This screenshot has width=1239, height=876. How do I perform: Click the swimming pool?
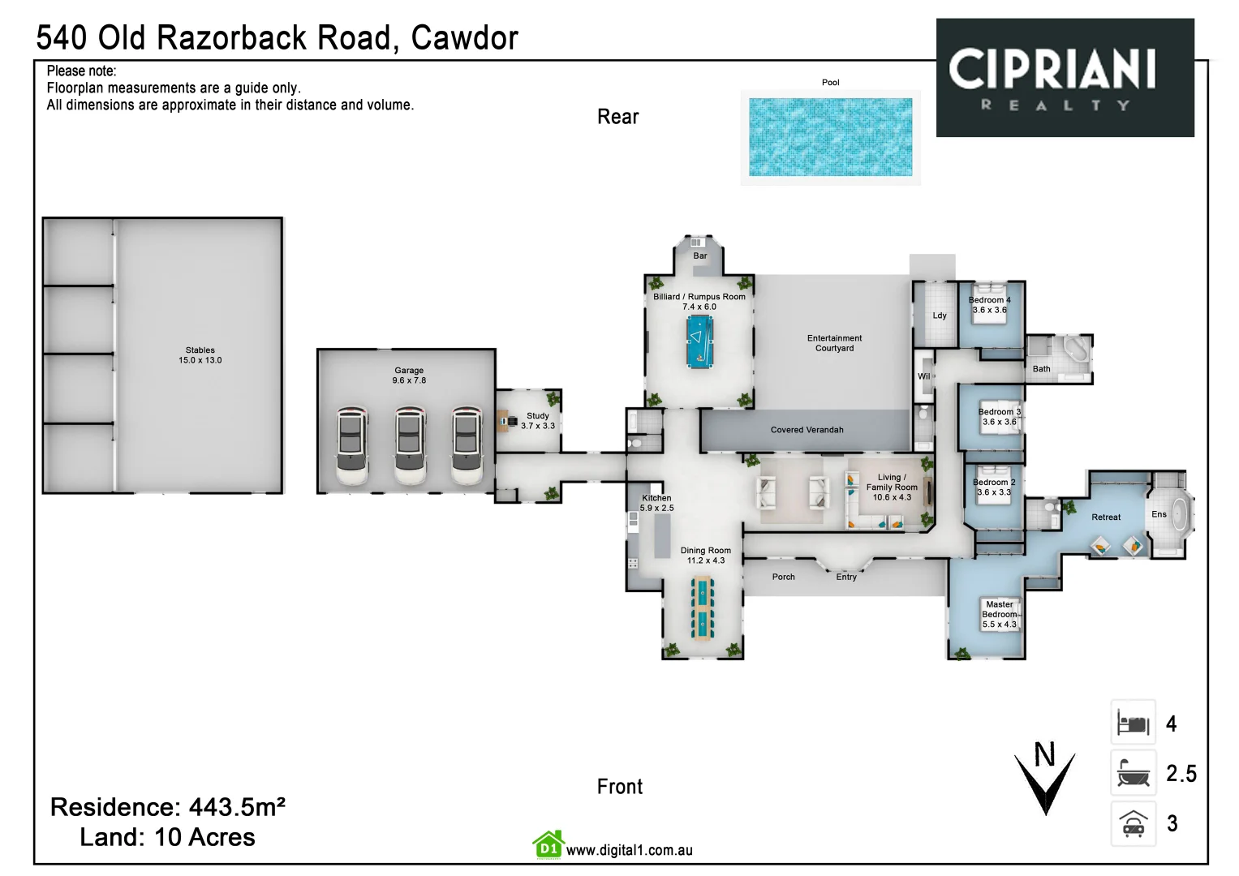(830, 137)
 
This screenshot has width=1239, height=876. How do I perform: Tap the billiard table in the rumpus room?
(699, 342)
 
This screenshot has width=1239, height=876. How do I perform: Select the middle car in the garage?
(410, 446)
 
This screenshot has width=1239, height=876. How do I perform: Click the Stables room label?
(200, 355)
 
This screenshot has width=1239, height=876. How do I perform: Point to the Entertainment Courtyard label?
(834, 343)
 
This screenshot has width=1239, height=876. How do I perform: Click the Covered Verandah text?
(807, 430)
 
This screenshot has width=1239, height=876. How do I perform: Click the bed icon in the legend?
(1133, 722)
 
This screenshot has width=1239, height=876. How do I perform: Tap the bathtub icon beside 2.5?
(1133, 773)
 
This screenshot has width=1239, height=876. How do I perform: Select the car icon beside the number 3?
(1133, 824)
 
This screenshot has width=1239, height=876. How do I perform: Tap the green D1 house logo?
(548, 845)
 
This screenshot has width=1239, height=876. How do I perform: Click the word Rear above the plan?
(617, 117)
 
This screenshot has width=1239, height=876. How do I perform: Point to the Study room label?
(538, 420)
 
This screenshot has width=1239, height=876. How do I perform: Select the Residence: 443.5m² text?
(167, 807)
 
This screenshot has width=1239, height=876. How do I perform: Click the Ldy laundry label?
(939, 316)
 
